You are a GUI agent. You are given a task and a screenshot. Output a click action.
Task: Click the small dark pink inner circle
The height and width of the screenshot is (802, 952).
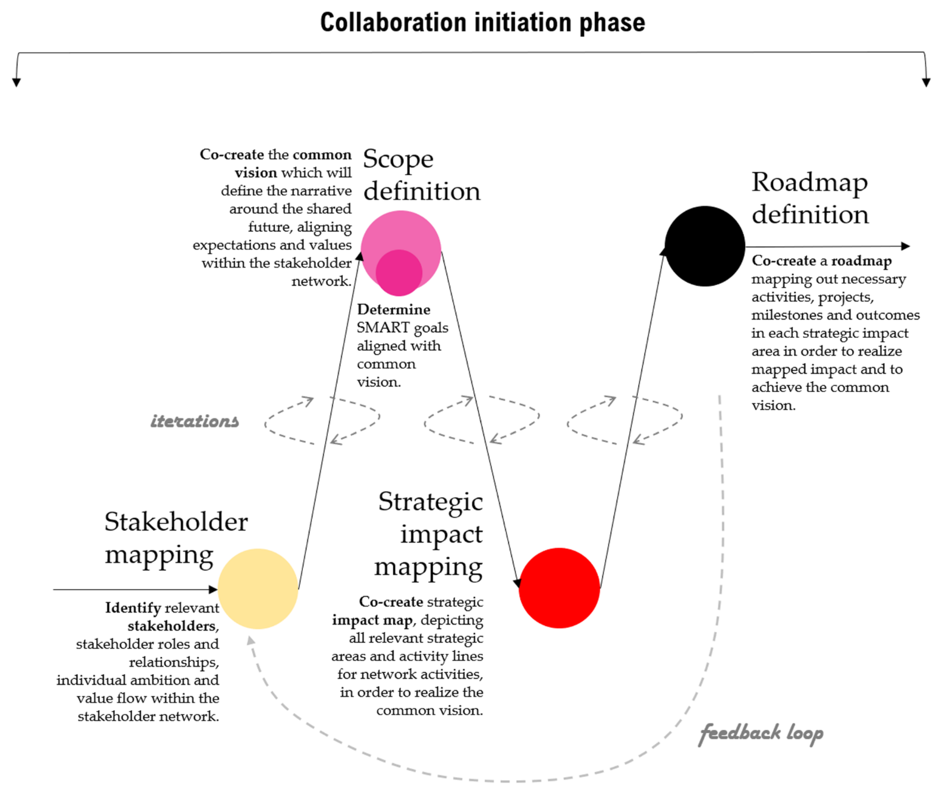399,273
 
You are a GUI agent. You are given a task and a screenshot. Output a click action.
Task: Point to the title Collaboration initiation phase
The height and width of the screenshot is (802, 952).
482,23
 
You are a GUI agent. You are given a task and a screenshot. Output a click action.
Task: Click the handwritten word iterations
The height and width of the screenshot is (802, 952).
195,421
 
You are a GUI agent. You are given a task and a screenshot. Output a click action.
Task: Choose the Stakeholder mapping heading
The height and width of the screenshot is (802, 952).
176,538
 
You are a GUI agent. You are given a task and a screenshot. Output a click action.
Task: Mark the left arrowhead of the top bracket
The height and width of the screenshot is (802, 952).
16,82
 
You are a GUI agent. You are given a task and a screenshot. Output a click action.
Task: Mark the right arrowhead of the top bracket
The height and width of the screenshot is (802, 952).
926,82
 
